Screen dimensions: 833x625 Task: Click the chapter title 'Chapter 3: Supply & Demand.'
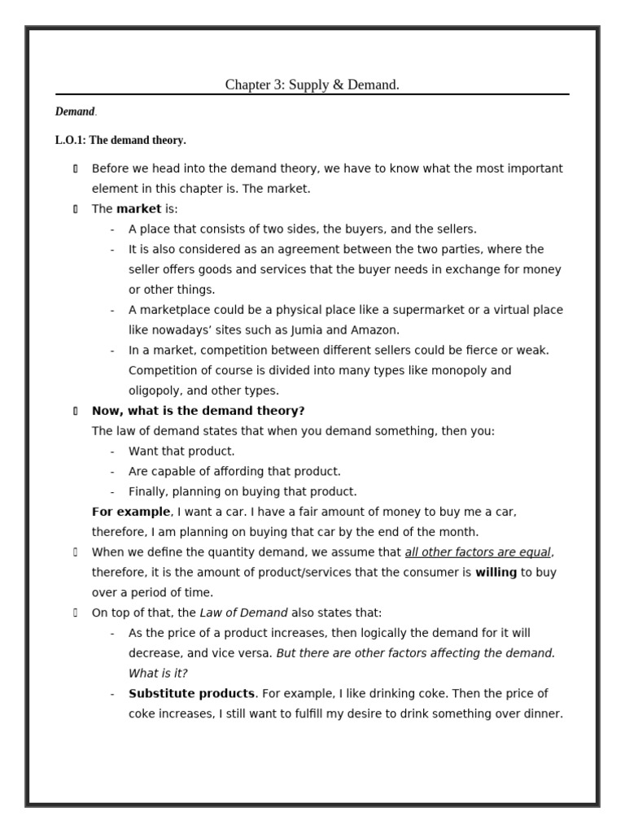[312, 85]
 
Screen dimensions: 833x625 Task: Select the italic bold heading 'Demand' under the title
[75, 111]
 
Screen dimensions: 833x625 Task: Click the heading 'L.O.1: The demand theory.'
[120, 140]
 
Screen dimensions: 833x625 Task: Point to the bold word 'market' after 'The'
[138, 209]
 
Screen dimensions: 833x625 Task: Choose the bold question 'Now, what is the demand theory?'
[198, 411]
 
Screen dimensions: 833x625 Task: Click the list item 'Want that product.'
[181, 451]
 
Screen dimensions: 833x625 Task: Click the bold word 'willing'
[496, 573]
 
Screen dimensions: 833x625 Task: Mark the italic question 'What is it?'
[158, 674]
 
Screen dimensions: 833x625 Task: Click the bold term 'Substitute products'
[191, 694]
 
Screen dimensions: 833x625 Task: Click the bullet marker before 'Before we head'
[75, 169]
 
